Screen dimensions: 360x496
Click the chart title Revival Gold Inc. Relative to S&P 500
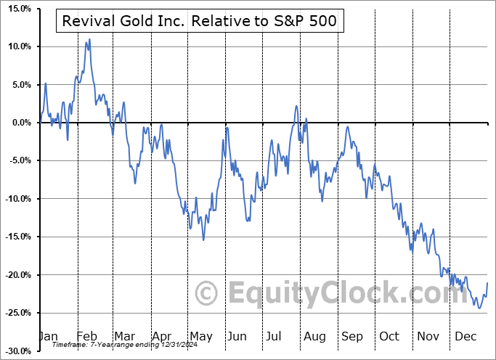200,21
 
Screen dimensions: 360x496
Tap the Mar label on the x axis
123,337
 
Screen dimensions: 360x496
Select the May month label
200,337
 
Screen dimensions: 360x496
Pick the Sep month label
352,337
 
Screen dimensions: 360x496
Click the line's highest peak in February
89,39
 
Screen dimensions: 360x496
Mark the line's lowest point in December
479,308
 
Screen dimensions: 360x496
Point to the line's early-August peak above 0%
296,106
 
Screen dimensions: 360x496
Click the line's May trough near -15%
203,240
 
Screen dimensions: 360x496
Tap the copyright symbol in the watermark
207,293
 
